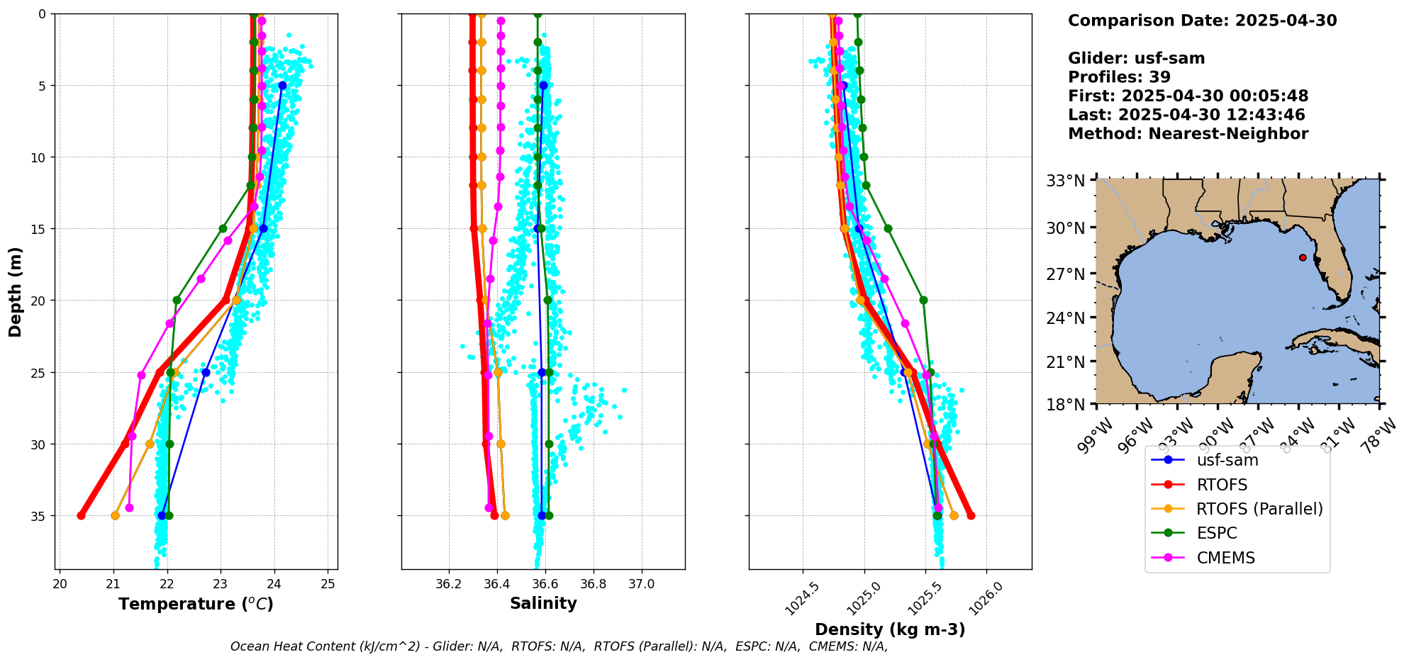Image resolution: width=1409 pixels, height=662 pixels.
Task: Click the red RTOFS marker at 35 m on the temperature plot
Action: [x=81, y=515]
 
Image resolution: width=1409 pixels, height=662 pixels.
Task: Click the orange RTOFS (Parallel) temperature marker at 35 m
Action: [x=115, y=515]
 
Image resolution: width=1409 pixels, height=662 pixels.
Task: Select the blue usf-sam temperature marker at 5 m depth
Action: [x=282, y=85]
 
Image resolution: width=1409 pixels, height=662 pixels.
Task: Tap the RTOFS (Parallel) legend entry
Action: [x=1259, y=509]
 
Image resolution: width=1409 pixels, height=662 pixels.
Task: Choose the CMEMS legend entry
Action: [x=1225, y=558]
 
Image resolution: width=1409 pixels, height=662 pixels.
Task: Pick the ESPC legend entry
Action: [x=1216, y=533]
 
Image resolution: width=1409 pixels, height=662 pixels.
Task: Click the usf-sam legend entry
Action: [x=1227, y=460]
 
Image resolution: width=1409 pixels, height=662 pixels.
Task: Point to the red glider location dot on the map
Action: [x=1303, y=257]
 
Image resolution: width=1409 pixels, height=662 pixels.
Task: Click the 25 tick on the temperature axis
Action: [x=328, y=584]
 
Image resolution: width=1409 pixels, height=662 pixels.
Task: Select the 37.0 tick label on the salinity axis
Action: [x=642, y=585]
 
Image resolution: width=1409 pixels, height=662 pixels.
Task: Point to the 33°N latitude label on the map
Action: [x=1066, y=181]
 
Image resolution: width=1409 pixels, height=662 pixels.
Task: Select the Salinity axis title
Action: [x=543, y=603]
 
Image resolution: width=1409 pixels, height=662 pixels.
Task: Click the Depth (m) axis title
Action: [x=15, y=291]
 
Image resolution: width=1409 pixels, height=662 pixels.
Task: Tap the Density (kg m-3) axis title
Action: [x=890, y=629]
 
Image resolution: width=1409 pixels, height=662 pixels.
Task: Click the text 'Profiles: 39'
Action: [x=1119, y=77]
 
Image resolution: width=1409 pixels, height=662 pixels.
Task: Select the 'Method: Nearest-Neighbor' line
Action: [x=1188, y=133]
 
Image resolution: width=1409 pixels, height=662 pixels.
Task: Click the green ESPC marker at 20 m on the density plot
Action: [x=923, y=300]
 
